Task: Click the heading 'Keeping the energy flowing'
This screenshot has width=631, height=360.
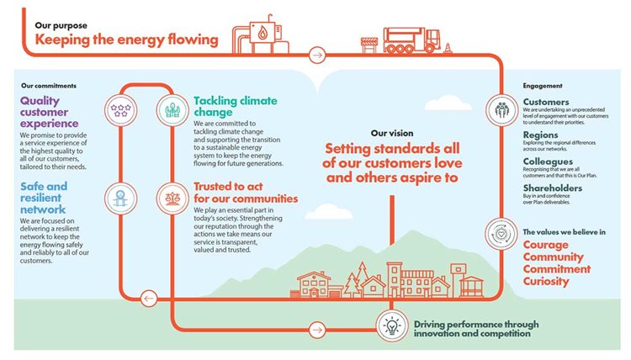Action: coord(126,40)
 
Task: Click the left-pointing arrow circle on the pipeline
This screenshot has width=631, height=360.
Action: coord(148,297)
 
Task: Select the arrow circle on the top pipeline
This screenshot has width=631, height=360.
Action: coord(316,56)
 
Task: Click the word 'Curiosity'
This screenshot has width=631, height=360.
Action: coord(546,281)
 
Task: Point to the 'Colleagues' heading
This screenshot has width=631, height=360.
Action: coord(549,161)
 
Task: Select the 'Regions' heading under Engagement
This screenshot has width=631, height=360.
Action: coord(540,135)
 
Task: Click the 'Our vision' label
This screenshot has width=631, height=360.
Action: coord(390,133)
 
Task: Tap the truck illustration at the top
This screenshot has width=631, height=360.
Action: coord(409,37)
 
